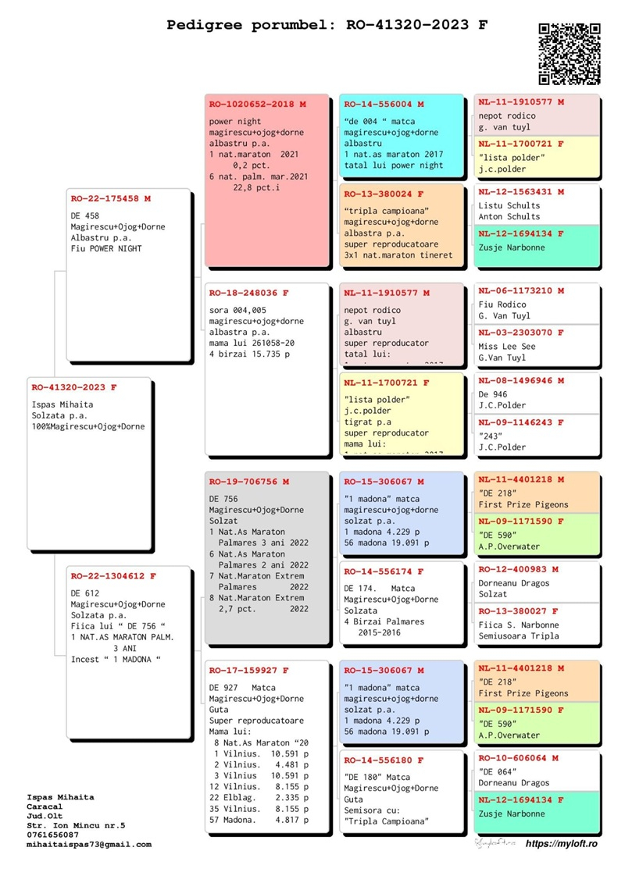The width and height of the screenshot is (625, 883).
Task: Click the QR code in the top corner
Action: (570, 54)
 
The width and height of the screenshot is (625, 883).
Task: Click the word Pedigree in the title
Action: (202, 25)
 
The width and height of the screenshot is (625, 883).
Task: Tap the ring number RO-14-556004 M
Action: (384, 104)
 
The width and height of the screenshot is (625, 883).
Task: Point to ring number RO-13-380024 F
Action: (384, 193)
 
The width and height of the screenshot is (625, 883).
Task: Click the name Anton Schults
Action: (509, 216)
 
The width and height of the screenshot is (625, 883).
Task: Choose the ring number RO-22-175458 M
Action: (110, 199)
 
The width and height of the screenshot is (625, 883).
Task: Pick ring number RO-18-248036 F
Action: (249, 293)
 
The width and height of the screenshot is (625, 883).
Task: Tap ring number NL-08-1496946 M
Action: (521, 381)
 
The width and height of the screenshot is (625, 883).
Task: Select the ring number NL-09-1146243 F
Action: (521, 422)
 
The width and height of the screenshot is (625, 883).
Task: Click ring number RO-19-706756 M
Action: (249, 482)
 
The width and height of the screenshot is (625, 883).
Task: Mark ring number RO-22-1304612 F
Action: (113, 576)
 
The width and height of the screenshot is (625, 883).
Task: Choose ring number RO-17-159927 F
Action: (249, 670)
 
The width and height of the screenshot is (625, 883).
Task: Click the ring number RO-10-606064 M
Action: (518, 758)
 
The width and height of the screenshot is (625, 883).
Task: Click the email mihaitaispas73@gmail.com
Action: (88, 844)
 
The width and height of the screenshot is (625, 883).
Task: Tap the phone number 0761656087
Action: (52, 835)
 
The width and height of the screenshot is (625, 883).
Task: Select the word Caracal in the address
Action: (44, 806)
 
